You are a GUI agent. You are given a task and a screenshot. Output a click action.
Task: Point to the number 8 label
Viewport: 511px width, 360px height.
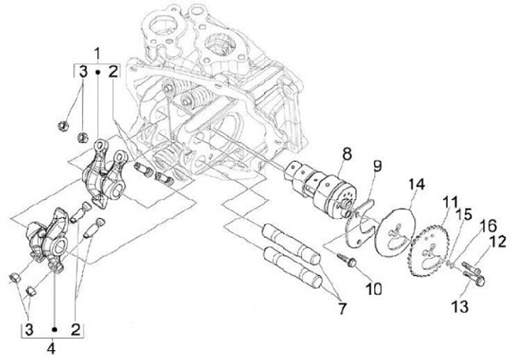[346, 152]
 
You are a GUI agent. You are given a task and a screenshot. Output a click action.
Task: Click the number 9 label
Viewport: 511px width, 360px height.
[378, 167]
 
